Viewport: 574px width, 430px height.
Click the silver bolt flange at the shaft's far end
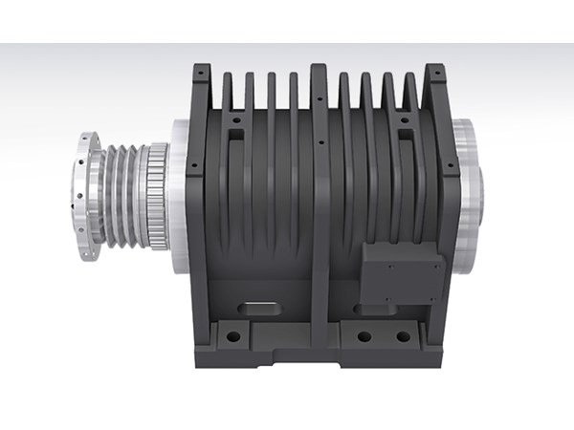83,198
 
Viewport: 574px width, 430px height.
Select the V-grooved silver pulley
122,196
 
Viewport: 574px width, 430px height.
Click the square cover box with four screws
402,270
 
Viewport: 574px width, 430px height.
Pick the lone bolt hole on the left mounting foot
232,336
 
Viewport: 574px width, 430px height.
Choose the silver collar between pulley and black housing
177,195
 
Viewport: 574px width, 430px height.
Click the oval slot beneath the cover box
370,309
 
